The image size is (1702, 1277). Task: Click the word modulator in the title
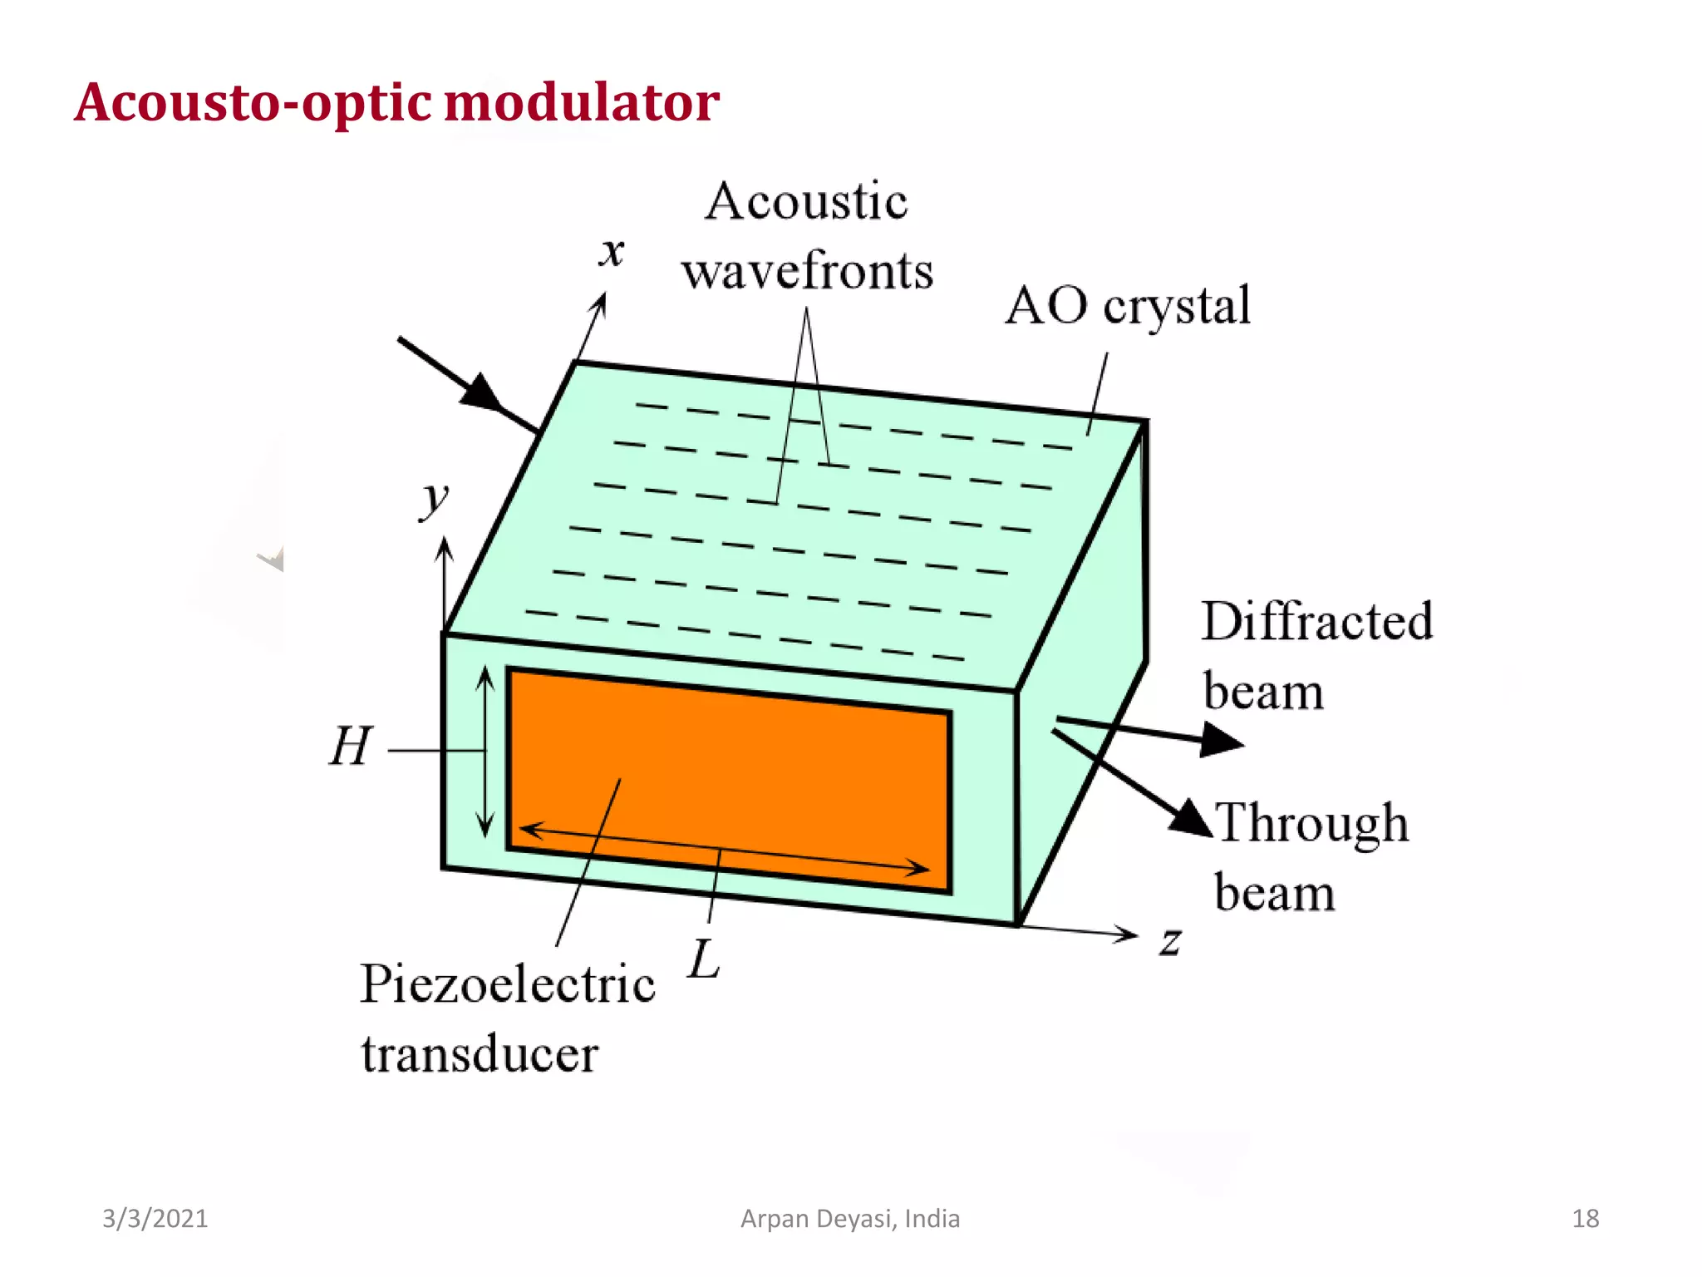click(582, 102)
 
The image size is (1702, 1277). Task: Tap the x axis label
click(612, 251)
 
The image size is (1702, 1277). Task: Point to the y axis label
click(433, 500)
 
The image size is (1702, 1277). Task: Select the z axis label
click(1171, 941)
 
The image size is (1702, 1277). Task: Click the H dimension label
click(350, 746)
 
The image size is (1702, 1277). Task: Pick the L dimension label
click(704, 959)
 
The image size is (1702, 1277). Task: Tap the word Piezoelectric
click(508, 986)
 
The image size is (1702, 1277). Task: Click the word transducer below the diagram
click(480, 1054)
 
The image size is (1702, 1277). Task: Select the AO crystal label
click(1128, 306)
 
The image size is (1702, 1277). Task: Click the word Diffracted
click(1317, 622)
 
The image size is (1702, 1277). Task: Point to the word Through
click(1312, 824)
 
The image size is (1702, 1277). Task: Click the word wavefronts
click(808, 271)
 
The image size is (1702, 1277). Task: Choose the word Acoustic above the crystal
click(806, 202)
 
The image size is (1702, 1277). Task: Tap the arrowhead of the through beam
click(1192, 818)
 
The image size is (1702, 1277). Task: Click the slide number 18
click(1585, 1219)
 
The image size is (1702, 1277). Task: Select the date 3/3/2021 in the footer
click(155, 1219)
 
